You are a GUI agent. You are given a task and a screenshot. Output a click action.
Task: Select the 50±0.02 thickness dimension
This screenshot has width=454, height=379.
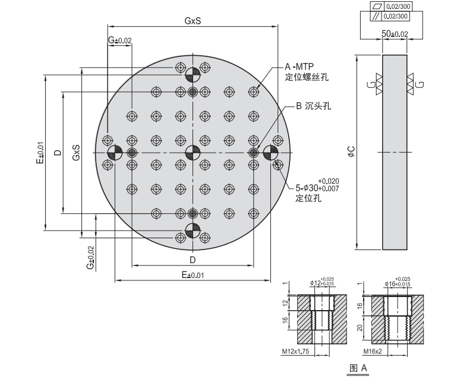click(395, 34)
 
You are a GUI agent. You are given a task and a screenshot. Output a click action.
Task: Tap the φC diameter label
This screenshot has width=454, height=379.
click(352, 152)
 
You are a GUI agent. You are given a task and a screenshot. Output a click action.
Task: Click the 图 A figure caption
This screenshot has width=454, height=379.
click(360, 368)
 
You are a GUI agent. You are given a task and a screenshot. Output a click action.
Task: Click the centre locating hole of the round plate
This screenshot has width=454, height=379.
click(193, 153)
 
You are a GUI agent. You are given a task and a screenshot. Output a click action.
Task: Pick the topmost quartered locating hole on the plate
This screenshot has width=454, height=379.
click(193, 75)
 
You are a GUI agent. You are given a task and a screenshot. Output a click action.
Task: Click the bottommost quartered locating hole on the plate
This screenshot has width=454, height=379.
click(193, 231)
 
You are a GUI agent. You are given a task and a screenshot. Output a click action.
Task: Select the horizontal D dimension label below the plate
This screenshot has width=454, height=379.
click(193, 260)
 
